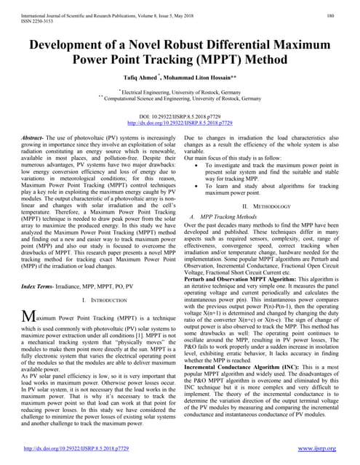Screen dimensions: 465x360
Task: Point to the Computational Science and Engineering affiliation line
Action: click(180, 98)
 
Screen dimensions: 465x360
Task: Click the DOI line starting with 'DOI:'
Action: click(180, 117)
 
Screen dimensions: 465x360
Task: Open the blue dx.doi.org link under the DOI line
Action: click(180, 124)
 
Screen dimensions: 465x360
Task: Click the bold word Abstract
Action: click(34, 137)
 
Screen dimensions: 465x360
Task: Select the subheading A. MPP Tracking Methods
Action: click(225, 217)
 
